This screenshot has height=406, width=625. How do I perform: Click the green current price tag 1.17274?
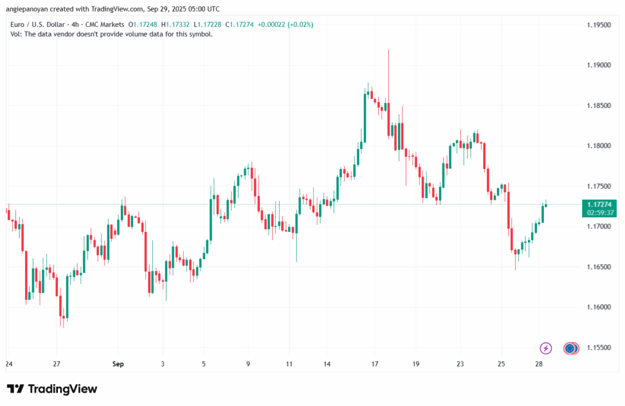[x=599, y=205]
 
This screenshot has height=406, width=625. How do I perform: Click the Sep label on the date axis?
[x=118, y=364]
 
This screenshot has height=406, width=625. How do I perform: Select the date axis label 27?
[x=57, y=364]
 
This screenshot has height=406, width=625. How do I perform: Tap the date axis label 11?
[x=290, y=364]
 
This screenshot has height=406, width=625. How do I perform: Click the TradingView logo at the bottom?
[x=52, y=389]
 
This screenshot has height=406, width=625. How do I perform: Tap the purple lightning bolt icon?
[x=546, y=348]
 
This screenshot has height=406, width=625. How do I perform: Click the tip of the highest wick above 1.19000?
[x=388, y=51]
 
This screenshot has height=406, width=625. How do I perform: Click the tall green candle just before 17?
[x=365, y=118]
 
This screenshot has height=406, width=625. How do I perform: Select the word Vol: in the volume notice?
[x=17, y=34]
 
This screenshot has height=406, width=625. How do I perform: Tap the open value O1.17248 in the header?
[x=142, y=24]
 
